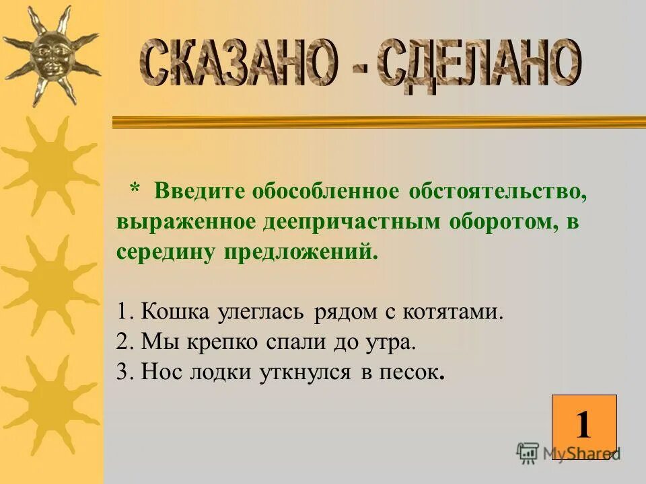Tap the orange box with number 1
pos(583,426)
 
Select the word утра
pos(390,342)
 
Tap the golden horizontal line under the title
pos(377,122)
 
